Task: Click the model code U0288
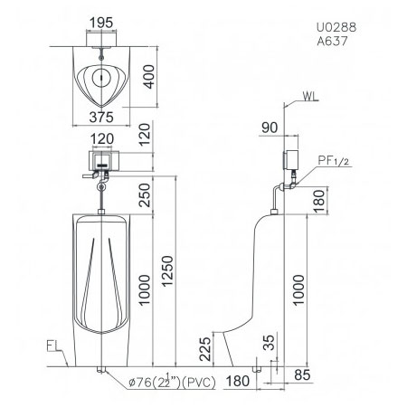[336, 27]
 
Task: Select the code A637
[332, 41]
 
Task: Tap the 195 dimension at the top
[101, 23]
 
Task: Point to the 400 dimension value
[148, 77]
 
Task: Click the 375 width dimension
[101, 118]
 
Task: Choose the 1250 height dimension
[167, 271]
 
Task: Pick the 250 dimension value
[145, 195]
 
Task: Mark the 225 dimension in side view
[205, 349]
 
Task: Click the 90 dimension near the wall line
[270, 128]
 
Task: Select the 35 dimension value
[270, 342]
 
